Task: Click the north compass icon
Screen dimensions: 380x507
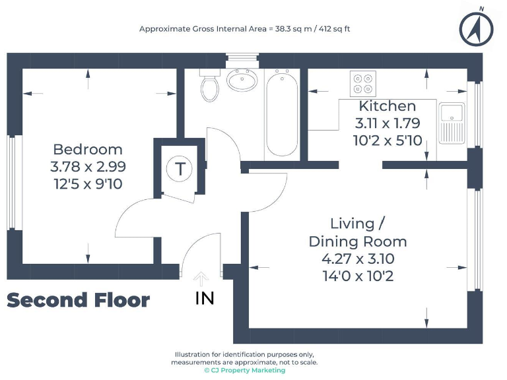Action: point(476,27)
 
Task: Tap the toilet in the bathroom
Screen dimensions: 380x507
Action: point(209,86)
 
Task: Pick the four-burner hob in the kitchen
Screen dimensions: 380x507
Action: point(363,83)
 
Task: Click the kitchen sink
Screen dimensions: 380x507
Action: point(452,123)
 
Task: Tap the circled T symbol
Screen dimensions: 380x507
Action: point(178,169)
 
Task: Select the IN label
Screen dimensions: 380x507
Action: point(205,298)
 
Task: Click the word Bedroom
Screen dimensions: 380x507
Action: point(88,149)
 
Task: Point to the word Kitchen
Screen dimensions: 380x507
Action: point(388,106)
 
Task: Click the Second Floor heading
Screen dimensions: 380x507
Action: point(78,301)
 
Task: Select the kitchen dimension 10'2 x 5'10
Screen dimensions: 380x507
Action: point(388,140)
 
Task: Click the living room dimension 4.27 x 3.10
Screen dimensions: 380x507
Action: point(358,259)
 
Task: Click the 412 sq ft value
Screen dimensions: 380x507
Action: point(334,29)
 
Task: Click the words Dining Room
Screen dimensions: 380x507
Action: point(358,241)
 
